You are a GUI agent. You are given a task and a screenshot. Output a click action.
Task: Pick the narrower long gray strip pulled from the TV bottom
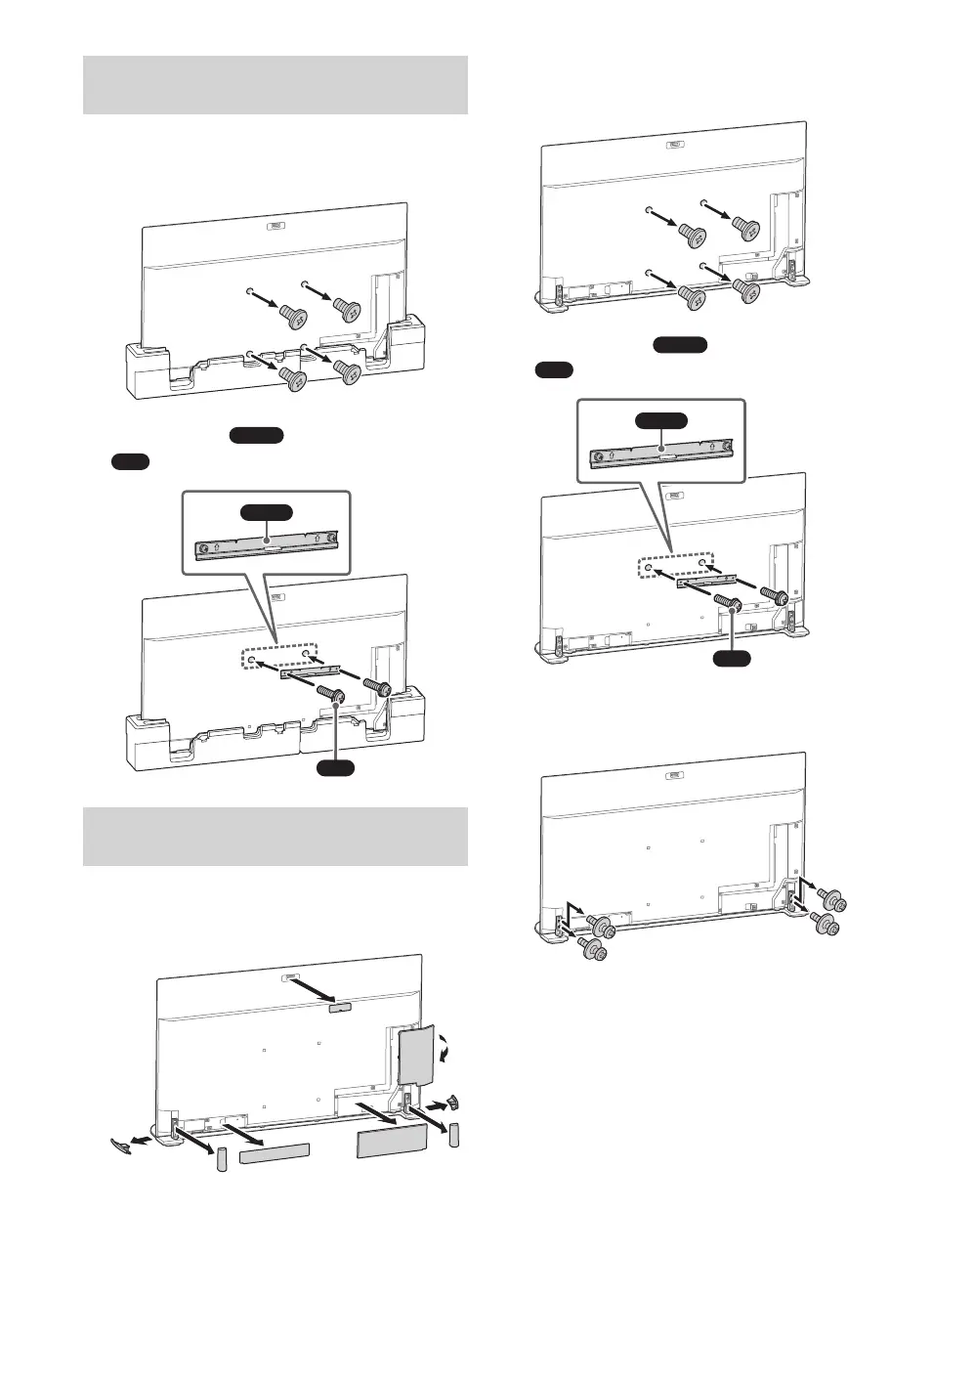275,1154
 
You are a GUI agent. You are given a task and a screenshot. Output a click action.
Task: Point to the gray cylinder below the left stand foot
221,1159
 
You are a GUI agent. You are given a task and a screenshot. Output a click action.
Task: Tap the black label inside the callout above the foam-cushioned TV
267,513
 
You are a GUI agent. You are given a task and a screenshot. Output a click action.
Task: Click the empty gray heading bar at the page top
275,85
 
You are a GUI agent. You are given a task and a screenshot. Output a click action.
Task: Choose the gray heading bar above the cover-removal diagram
275,836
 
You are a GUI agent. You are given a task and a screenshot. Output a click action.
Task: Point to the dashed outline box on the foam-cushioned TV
279,656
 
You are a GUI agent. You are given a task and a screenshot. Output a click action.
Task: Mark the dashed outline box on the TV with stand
674,568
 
